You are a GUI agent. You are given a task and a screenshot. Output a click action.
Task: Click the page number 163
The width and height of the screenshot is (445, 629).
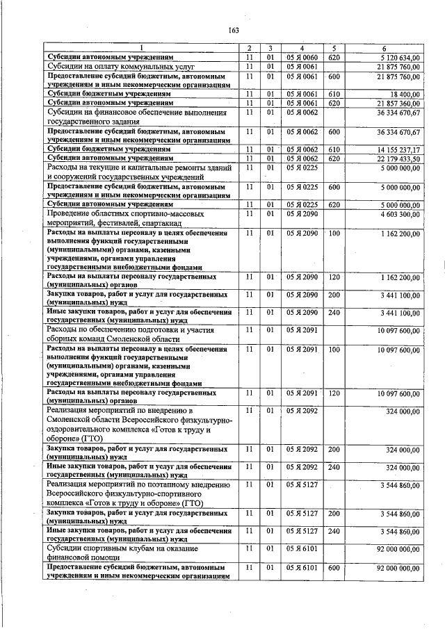[x=234, y=28]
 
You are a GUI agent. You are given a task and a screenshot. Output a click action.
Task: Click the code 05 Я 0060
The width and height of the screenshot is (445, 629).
[x=302, y=56]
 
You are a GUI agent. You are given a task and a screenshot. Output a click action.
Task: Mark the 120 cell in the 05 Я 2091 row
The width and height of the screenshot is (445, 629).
[x=334, y=393]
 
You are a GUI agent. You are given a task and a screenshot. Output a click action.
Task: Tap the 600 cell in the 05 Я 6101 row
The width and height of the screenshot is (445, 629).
[x=334, y=568]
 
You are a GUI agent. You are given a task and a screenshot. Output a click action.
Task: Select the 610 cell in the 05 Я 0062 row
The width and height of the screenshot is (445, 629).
[x=334, y=149]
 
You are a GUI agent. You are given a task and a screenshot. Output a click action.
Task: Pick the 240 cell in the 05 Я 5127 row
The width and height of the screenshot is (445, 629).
[x=334, y=531]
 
